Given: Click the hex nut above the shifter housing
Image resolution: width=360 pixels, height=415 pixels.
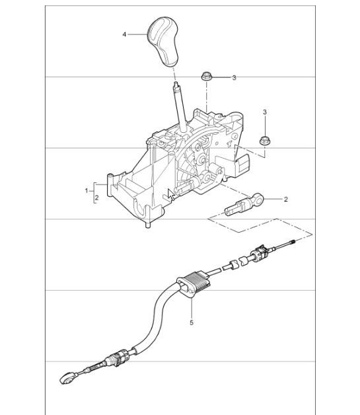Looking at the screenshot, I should click(x=205, y=77).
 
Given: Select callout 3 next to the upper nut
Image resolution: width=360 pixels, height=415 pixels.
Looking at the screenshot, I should click(x=233, y=78).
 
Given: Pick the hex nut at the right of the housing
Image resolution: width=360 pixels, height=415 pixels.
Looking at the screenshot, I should click(x=264, y=139).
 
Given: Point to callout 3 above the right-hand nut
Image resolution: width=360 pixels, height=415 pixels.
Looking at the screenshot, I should click(x=265, y=113).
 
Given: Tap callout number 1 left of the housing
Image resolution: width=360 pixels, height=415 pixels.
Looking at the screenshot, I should click(x=87, y=190).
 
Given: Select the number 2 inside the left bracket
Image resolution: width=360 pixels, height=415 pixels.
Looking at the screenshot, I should click(x=96, y=197).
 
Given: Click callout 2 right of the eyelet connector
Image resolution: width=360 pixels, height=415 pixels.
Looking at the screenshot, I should click(x=285, y=198).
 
